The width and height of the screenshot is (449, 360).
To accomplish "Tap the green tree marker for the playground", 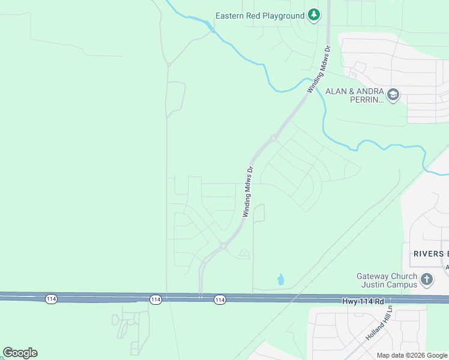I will pos(313,15).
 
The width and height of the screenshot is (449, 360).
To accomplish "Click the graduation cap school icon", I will pos(393,95).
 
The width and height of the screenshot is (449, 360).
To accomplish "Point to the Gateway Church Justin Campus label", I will pos(385,280).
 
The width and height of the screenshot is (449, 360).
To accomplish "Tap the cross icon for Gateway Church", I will pos(426,279).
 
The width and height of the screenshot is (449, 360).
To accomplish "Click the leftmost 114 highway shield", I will pos(51,299).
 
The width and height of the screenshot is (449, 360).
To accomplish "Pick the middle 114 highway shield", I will pos(156,299).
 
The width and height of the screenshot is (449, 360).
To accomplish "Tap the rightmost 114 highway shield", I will pos(220,299).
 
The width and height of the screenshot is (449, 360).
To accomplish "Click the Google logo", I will pos(20,353).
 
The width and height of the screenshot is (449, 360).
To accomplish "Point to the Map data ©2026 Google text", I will pos(412,355).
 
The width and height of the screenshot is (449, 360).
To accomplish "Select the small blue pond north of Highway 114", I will pos(280,280).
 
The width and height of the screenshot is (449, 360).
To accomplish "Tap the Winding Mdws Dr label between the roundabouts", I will pos(249,191).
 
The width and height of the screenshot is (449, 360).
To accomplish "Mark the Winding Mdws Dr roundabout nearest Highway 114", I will pos(223,246).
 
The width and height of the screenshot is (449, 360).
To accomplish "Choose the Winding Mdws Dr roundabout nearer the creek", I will pos(273,138).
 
